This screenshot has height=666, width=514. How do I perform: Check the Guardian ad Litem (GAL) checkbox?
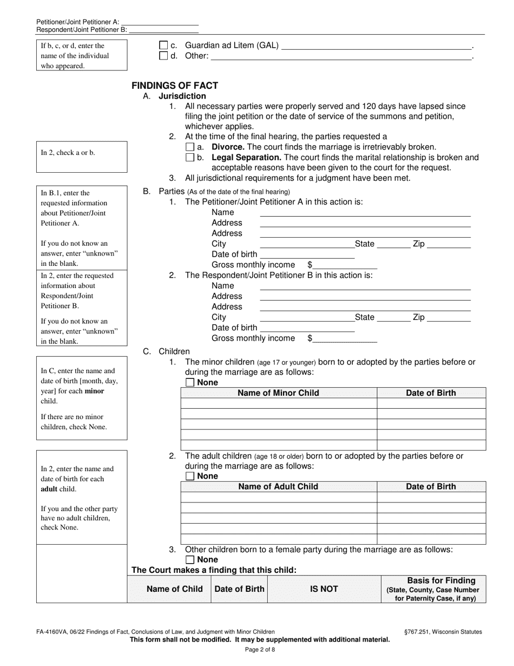point(163,46)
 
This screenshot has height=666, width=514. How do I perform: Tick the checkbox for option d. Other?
point(163,56)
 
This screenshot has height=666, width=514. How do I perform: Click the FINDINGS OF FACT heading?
point(175,86)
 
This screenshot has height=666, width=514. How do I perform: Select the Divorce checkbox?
point(189,147)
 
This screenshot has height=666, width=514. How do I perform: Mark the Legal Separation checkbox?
point(189,158)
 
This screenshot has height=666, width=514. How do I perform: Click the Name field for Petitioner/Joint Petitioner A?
point(365,213)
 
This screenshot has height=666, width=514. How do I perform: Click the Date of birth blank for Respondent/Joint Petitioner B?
point(307,328)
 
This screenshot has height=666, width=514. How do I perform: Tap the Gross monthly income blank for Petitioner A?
point(345,265)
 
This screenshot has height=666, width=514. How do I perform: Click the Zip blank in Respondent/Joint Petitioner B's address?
point(449,317)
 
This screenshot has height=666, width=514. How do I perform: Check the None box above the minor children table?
point(190,383)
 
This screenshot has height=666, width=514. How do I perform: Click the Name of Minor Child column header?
point(278,393)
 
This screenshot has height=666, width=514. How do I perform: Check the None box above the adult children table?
point(190,476)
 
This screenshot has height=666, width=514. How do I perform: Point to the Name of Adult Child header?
point(278,487)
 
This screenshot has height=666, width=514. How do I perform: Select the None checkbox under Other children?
point(190,560)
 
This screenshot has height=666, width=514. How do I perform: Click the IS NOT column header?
point(324,589)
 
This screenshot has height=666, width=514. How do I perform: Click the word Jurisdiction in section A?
point(182,96)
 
